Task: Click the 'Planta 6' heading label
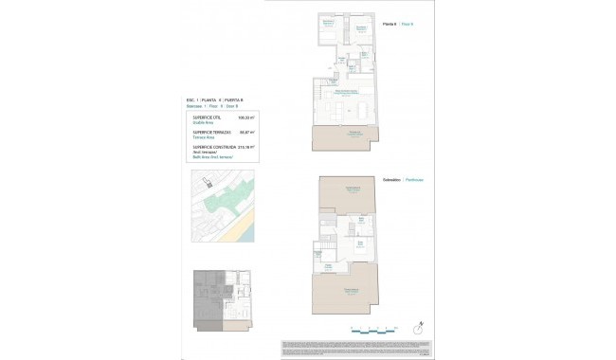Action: click(390, 24)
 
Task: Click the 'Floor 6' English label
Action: click(407, 24)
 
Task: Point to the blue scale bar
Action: click(371, 331)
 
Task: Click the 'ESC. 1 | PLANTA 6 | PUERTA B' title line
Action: click(213, 99)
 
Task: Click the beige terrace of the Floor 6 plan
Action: click(353, 135)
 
